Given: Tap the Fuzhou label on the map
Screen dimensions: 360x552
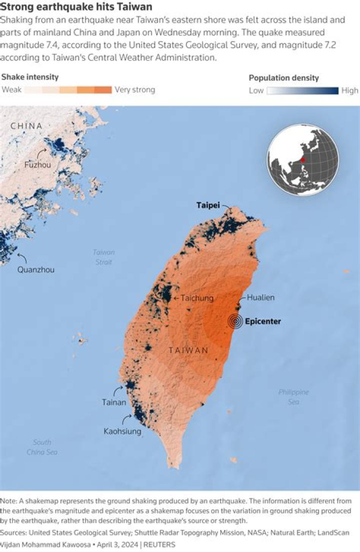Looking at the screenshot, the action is [38, 164].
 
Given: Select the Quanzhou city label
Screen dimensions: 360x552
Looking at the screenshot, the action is [36, 269].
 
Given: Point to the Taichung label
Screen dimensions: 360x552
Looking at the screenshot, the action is [197, 298].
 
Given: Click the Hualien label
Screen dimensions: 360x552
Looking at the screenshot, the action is [260, 298].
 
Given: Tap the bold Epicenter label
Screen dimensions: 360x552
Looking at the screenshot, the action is [262, 321].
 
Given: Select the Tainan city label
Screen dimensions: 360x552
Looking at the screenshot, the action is [114, 402].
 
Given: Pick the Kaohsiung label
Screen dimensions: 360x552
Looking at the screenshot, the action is [122, 431].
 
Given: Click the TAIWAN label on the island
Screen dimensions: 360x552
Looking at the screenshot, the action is [188, 350].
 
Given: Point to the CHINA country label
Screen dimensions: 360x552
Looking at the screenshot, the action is [26, 126].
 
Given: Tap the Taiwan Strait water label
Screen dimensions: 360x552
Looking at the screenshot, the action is [104, 257].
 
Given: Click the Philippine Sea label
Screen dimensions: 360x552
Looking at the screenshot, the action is [293, 397].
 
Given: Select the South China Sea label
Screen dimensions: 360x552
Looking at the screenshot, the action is [42, 447].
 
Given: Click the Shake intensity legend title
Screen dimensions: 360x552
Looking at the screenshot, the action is [30, 77].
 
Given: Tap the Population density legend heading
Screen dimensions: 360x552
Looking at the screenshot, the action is [283, 78].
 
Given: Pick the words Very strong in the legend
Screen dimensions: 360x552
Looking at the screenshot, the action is [135, 90].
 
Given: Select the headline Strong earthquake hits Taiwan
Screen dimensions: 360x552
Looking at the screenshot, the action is [76, 8].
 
